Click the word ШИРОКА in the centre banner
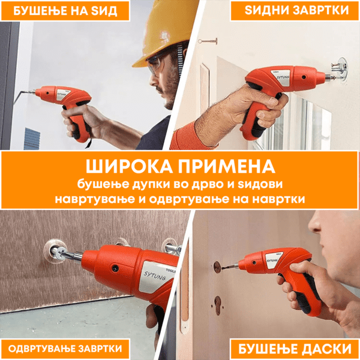(129, 166)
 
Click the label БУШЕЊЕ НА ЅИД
(65, 11)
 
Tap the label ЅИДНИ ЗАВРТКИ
(296, 10)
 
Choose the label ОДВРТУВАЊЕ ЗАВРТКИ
(65, 349)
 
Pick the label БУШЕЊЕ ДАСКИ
(295, 349)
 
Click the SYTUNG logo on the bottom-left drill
(155, 276)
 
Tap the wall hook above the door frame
(208, 41)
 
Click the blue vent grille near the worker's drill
(32, 139)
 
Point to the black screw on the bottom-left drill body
(114, 268)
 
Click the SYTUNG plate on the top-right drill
(282, 77)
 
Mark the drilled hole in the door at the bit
(217, 266)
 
